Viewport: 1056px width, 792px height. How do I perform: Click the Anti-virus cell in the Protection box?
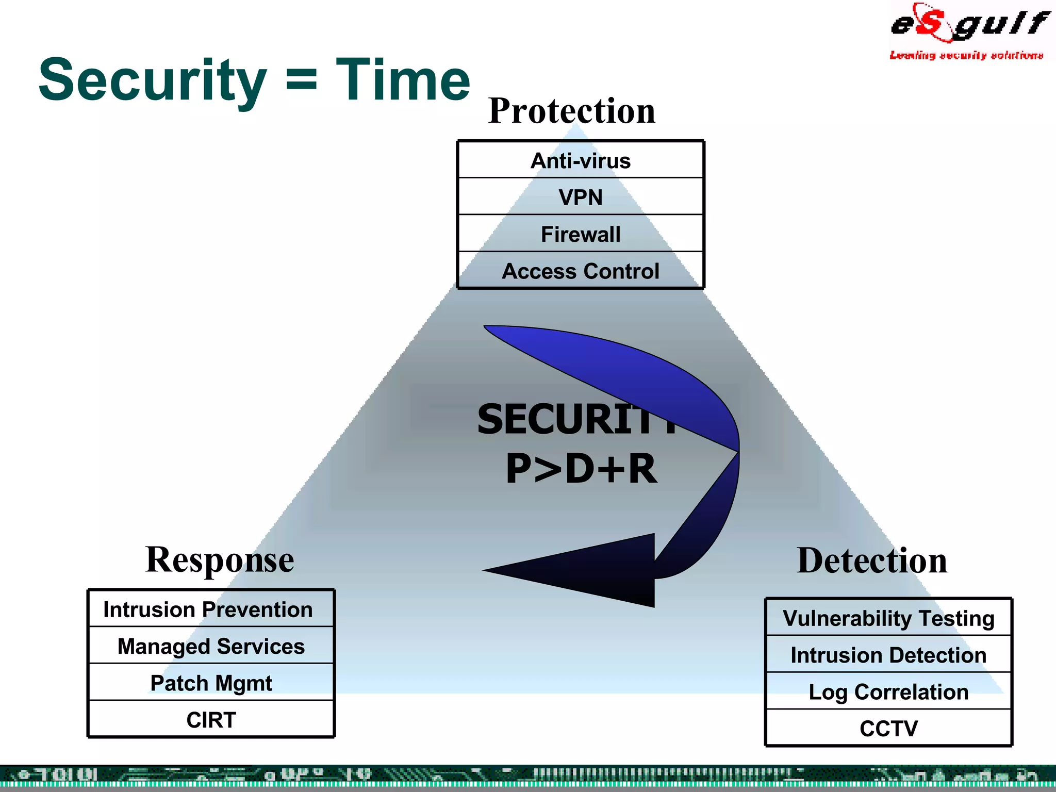[x=581, y=160]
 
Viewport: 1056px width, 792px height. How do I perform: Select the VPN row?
[x=581, y=197]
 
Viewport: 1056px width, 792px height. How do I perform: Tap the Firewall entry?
[x=581, y=234]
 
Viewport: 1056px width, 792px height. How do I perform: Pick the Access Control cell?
[x=581, y=271]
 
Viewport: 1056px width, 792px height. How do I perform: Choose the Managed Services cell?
[x=211, y=646]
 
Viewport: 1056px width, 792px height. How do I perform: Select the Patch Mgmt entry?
[x=211, y=683]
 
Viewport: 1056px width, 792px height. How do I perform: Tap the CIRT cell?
[x=211, y=720]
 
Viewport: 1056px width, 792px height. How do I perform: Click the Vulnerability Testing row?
[x=888, y=618]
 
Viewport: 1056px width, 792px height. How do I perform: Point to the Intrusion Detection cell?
[x=888, y=655]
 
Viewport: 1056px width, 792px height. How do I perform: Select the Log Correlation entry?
[x=888, y=692]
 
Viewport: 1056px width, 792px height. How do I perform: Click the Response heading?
[x=220, y=559]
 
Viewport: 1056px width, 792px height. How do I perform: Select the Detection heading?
[x=872, y=560]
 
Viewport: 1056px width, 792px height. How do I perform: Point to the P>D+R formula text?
[x=581, y=469]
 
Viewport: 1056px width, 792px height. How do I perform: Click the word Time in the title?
[x=403, y=80]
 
